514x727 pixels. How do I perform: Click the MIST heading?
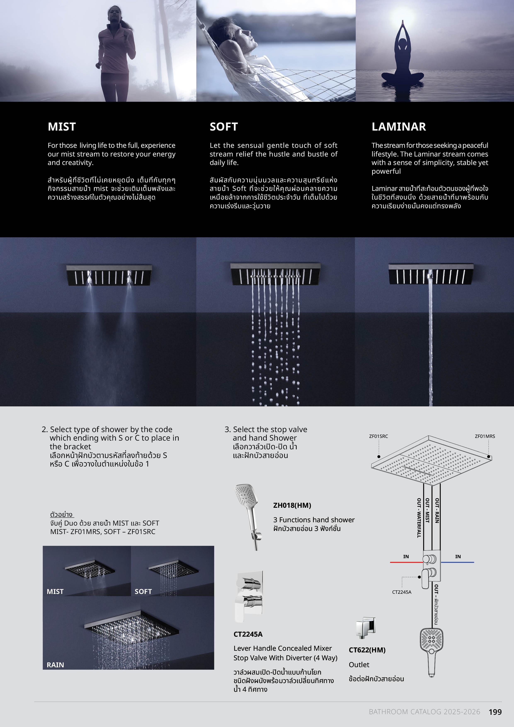point(62,127)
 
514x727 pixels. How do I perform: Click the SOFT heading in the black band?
point(224,127)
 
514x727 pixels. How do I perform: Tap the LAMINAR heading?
point(399,127)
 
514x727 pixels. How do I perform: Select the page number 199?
point(495,712)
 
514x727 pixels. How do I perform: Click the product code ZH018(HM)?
point(292,505)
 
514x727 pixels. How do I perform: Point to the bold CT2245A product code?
point(248,634)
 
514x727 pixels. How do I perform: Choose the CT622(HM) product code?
point(367,650)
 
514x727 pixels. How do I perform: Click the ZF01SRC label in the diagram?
point(378,436)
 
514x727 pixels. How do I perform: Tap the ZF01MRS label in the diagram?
point(485,436)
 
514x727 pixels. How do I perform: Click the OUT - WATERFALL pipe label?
point(419,518)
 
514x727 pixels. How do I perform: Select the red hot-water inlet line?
point(407,562)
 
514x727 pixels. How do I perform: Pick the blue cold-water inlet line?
point(457,562)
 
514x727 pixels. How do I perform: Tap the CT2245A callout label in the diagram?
point(402,592)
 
